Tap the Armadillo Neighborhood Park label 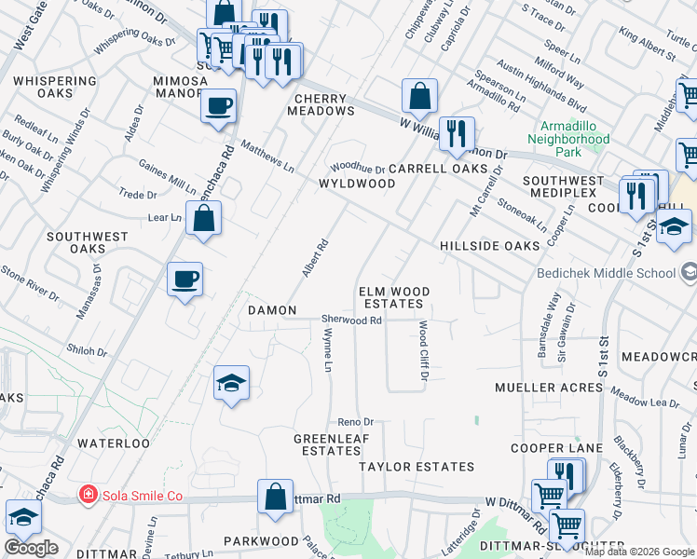pyautogui.click(x=567, y=139)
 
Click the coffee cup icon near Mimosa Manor pyautogui.click(x=218, y=105)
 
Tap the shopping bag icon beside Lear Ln pyautogui.click(x=203, y=220)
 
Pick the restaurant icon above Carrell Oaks pyautogui.click(x=457, y=133)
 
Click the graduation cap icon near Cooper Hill pyautogui.click(x=673, y=226)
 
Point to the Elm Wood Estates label pyautogui.click(x=395, y=298)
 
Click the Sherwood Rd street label pyautogui.click(x=352, y=320)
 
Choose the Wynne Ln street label pyautogui.click(x=328, y=355)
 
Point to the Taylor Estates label pyautogui.click(x=417, y=466)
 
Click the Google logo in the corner pyautogui.click(x=32, y=547)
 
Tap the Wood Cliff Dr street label pyautogui.click(x=422, y=351)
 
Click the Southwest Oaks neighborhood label pyautogui.click(x=88, y=242)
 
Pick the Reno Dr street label pyautogui.click(x=355, y=421)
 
